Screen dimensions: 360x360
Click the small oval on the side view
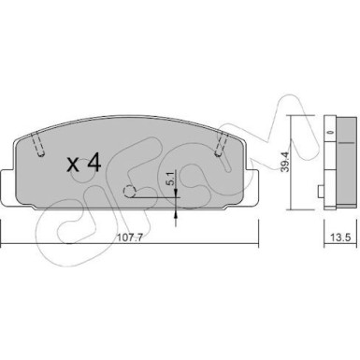point(329,133)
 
